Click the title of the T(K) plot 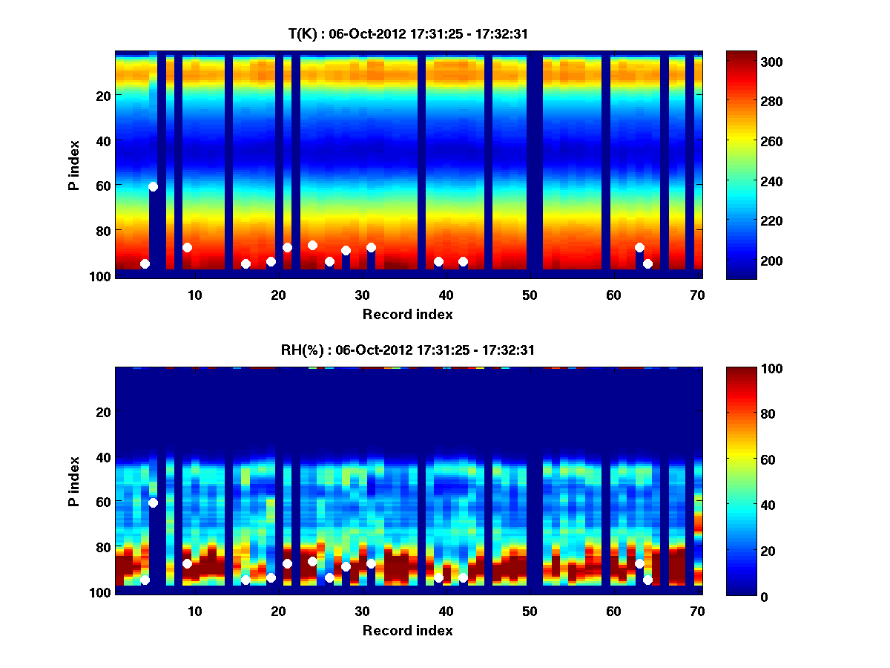407,33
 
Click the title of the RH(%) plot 407,350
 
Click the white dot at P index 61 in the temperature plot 153,186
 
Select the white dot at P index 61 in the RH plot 153,502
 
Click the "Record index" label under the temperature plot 407,315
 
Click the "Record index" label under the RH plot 407,631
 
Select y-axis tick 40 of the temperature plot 102,140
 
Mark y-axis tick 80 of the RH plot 102,547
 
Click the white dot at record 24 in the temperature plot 312,245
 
